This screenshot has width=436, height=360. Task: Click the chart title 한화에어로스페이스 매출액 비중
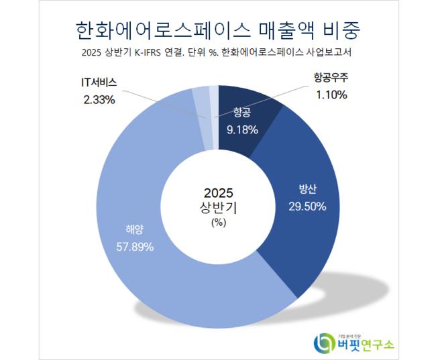[218, 29]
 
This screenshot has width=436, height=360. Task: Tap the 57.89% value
[135, 247]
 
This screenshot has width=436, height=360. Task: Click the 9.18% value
[242, 130]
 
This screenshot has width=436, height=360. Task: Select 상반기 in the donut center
[217, 207]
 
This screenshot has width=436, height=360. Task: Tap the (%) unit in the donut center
[217, 222]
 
